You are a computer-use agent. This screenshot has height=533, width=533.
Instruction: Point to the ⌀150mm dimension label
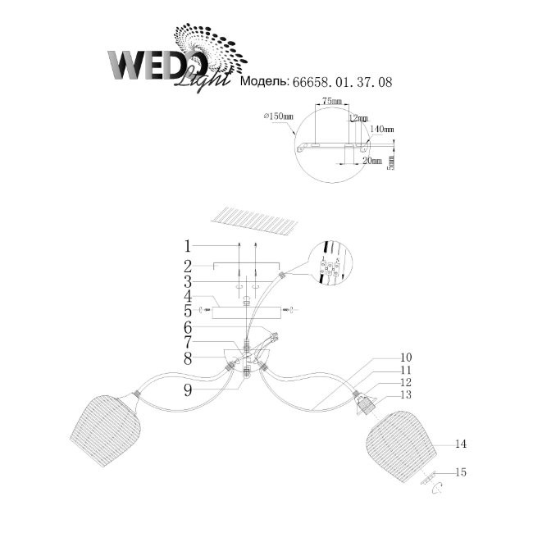278,116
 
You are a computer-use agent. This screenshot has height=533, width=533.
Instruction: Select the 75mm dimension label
331,100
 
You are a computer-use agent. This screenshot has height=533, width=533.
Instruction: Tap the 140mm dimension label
383,130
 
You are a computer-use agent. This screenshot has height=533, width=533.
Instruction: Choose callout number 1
188,245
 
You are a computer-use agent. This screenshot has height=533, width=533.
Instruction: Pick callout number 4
188,296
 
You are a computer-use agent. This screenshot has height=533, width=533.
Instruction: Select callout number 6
188,326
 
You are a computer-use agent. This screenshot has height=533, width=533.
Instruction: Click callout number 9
188,391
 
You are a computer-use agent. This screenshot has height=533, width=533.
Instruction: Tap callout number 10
384,358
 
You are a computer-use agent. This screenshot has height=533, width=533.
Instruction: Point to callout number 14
461,444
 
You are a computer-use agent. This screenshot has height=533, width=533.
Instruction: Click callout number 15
461,471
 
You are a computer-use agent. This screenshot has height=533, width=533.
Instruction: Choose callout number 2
188,266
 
